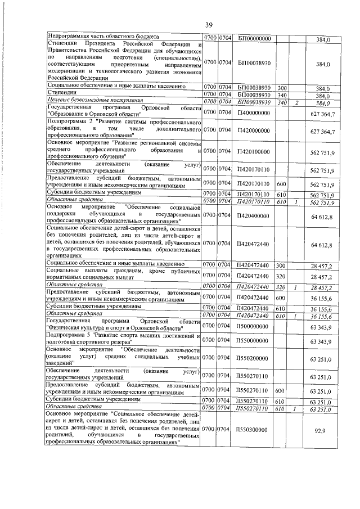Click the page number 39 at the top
pyautogui.click(x=208, y=25)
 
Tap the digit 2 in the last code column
pyautogui.click(x=296, y=102)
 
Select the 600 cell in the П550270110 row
pyautogui.click(x=281, y=392)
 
